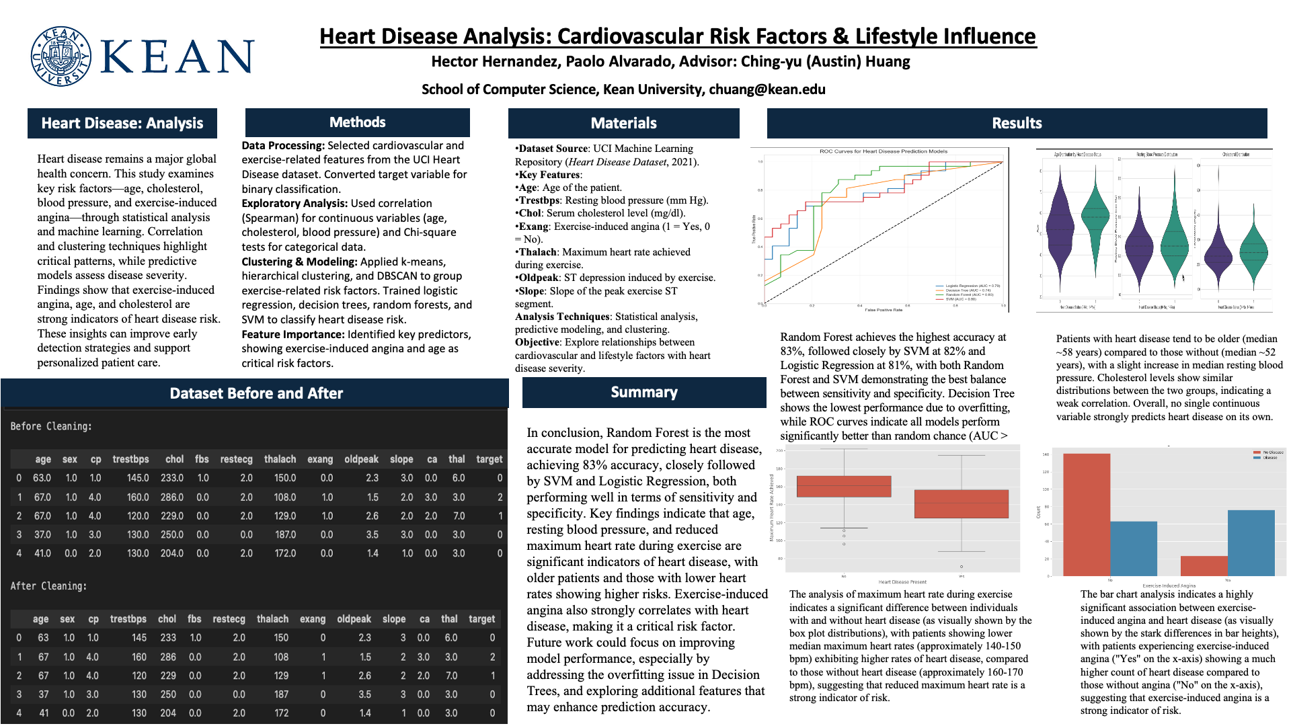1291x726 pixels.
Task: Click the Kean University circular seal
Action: pyautogui.click(x=61, y=56)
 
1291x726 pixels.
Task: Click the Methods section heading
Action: pyautogui.click(x=357, y=122)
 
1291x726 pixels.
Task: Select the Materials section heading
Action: pyautogui.click(x=623, y=123)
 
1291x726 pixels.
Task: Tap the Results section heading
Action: pyautogui.click(x=1017, y=123)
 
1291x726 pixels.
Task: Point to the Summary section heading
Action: pyautogui.click(x=643, y=393)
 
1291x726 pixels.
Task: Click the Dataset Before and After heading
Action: pyautogui.click(x=256, y=393)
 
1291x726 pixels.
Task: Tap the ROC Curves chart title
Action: pyautogui.click(x=883, y=151)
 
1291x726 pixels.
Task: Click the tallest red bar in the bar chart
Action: pyautogui.click(x=1086, y=514)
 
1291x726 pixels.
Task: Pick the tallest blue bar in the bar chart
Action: pyautogui.click(x=1251, y=542)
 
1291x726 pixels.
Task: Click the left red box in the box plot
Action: pyautogui.click(x=843, y=486)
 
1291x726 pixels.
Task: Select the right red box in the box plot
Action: pyautogui.click(x=961, y=503)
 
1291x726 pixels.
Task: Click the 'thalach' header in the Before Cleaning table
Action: pyautogui.click(x=280, y=459)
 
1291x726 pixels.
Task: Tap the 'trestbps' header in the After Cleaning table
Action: pyautogui.click(x=128, y=619)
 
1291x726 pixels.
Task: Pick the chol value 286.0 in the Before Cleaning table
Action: pyautogui.click(x=171, y=497)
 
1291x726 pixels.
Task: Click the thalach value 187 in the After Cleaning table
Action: pyautogui.click(x=280, y=694)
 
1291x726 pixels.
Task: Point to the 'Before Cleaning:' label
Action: pyautogui.click(x=51, y=426)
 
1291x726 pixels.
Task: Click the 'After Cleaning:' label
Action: pyautogui.click(x=48, y=586)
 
